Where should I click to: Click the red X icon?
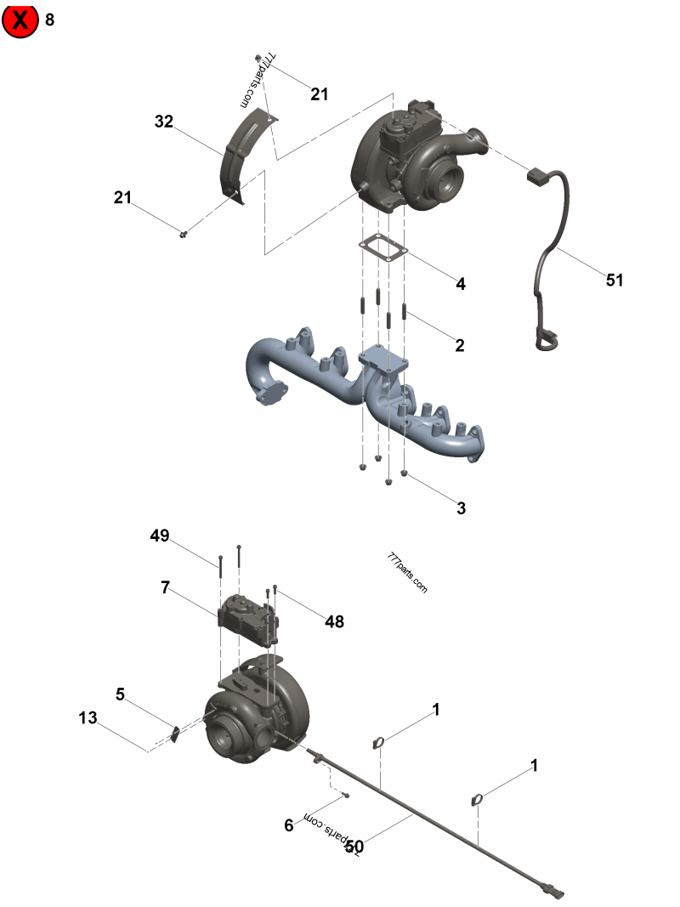click(x=21, y=20)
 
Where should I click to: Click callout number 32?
click(x=164, y=122)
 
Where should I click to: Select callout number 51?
click(x=615, y=280)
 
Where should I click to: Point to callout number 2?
click(x=460, y=345)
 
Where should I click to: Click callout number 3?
click(x=461, y=508)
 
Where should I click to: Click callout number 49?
click(x=160, y=536)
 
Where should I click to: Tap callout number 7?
click(x=165, y=587)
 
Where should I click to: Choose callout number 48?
click(x=334, y=621)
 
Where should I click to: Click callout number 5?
click(x=120, y=694)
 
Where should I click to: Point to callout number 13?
click(x=88, y=717)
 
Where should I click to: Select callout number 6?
click(x=288, y=825)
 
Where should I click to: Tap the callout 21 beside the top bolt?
click(x=319, y=94)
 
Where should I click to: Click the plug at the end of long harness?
click(x=551, y=892)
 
